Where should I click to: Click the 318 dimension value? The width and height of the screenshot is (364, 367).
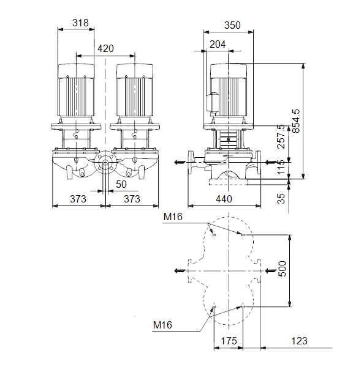click(x=80, y=23)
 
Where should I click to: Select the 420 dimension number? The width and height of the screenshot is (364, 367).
click(x=105, y=49)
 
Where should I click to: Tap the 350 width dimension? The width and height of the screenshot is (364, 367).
click(x=232, y=25)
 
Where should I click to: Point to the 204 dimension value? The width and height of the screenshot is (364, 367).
click(x=218, y=44)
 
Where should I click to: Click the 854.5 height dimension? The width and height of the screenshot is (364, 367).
click(x=296, y=121)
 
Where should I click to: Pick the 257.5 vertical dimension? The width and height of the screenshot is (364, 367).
click(x=281, y=136)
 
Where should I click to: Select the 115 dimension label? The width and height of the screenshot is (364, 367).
click(x=281, y=167)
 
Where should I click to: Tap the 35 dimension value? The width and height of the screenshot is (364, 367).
click(x=281, y=198)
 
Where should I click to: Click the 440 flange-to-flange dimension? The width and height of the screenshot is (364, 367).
click(x=224, y=199)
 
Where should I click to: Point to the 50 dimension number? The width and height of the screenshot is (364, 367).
click(x=121, y=185)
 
